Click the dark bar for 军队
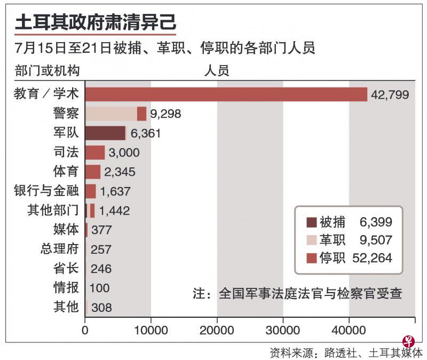click(105, 133)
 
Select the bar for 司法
click(95, 152)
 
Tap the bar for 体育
click(93, 171)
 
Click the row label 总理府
click(59, 249)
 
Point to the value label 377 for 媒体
click(101, 230)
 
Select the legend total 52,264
click(373, 258)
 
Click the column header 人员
click(217, 71)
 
